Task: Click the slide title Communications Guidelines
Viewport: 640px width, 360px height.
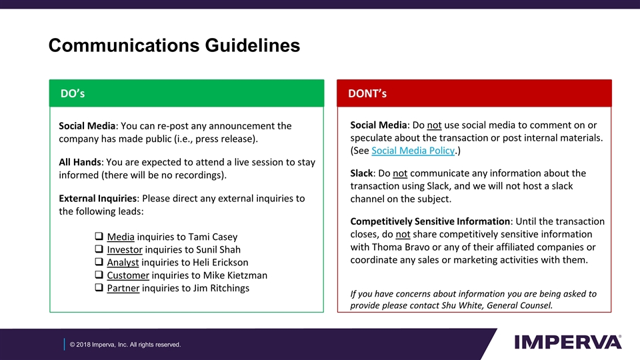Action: (x=174, y=45)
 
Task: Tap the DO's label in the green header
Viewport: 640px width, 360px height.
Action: (x=73, y=93)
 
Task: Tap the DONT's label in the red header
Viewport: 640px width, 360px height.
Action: (x=367, y=93)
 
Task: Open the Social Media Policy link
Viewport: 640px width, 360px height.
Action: (x=412, y=151)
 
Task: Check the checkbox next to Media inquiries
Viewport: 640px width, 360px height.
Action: (x=98, y=237)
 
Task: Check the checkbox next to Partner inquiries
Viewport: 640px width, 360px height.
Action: (x=98, y=288)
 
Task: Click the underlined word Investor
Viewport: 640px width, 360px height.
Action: (x=125, y=249)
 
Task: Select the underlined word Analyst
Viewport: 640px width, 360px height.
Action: (x=123, y=262)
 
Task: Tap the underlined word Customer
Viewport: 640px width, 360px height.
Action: (x=128, y=275)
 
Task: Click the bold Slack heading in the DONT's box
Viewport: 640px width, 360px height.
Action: (x=363, y=173)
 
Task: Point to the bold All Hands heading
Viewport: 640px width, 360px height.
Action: (x=80, y=162)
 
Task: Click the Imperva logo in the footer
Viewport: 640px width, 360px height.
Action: (x=568, y=342)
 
